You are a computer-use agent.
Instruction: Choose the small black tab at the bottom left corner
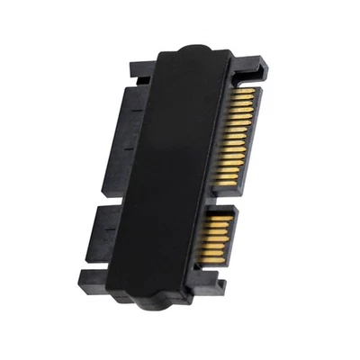point(89,276)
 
